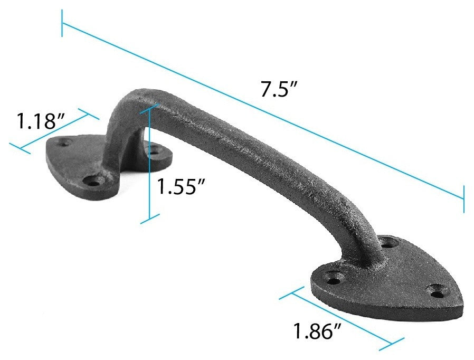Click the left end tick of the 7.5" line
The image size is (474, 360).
pyautogui.click(x=62, y=24)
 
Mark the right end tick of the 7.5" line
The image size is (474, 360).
pyautogui.click(x=464, y=199)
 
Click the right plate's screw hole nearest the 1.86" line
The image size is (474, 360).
pyautogui.click(x=333, y=275)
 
